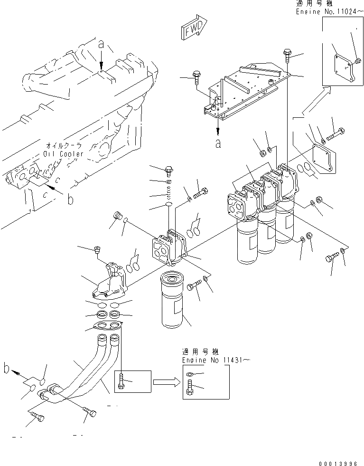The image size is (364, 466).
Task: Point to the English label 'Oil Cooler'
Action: [63, 154]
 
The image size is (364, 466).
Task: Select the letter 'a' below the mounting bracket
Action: [218, 143]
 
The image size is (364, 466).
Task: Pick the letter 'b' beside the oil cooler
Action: [70, 200]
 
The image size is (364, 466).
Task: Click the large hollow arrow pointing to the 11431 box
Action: [167, 381]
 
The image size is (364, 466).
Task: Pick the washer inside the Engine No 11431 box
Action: [189, 375]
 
